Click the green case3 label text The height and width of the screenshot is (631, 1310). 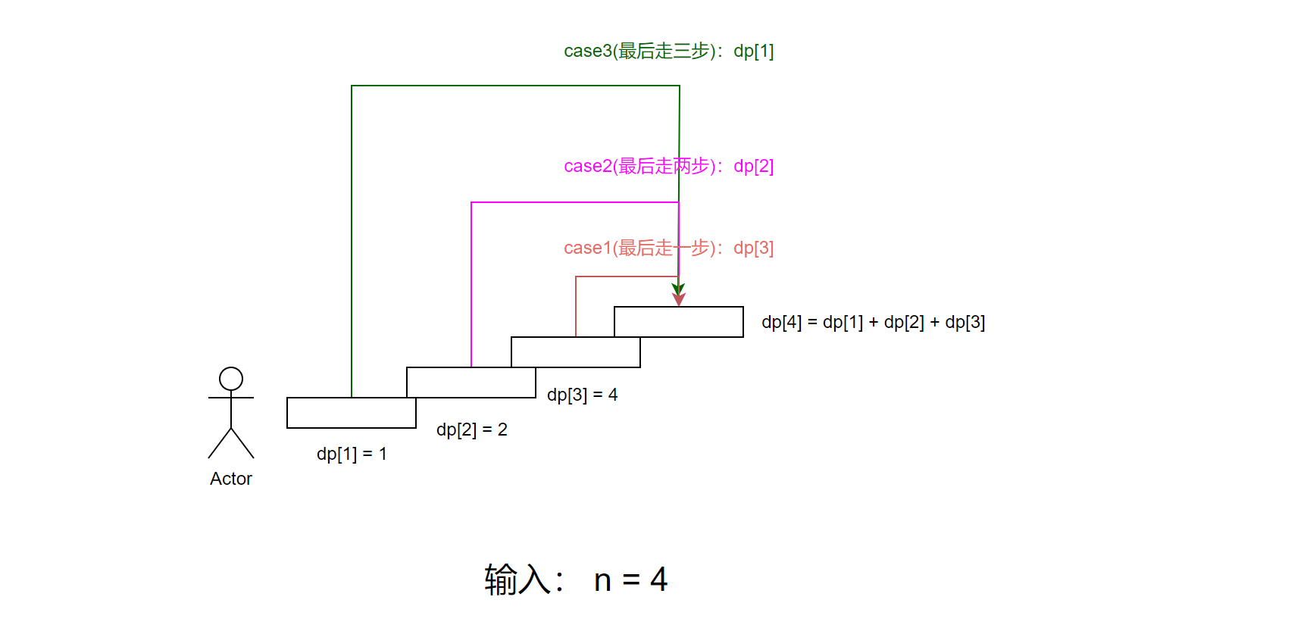[668, 51]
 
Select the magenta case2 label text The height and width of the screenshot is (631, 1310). [668, 166]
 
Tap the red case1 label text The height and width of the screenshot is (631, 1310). [668, 248]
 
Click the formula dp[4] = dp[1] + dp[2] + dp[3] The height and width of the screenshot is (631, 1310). [873, 322]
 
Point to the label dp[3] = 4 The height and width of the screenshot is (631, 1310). [582, 395]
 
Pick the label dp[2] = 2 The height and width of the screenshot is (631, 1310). [471, 430]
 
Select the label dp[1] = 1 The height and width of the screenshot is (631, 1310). [352, 454]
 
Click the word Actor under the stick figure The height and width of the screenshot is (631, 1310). [231, 479]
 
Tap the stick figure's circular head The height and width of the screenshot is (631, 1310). [231, 379]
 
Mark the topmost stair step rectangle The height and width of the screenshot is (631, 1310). [679, 322]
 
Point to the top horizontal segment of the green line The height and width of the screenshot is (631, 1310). [515, 86]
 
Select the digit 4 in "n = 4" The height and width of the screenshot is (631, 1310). [658, 580]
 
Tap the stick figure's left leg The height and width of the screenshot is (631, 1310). [220, 443]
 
